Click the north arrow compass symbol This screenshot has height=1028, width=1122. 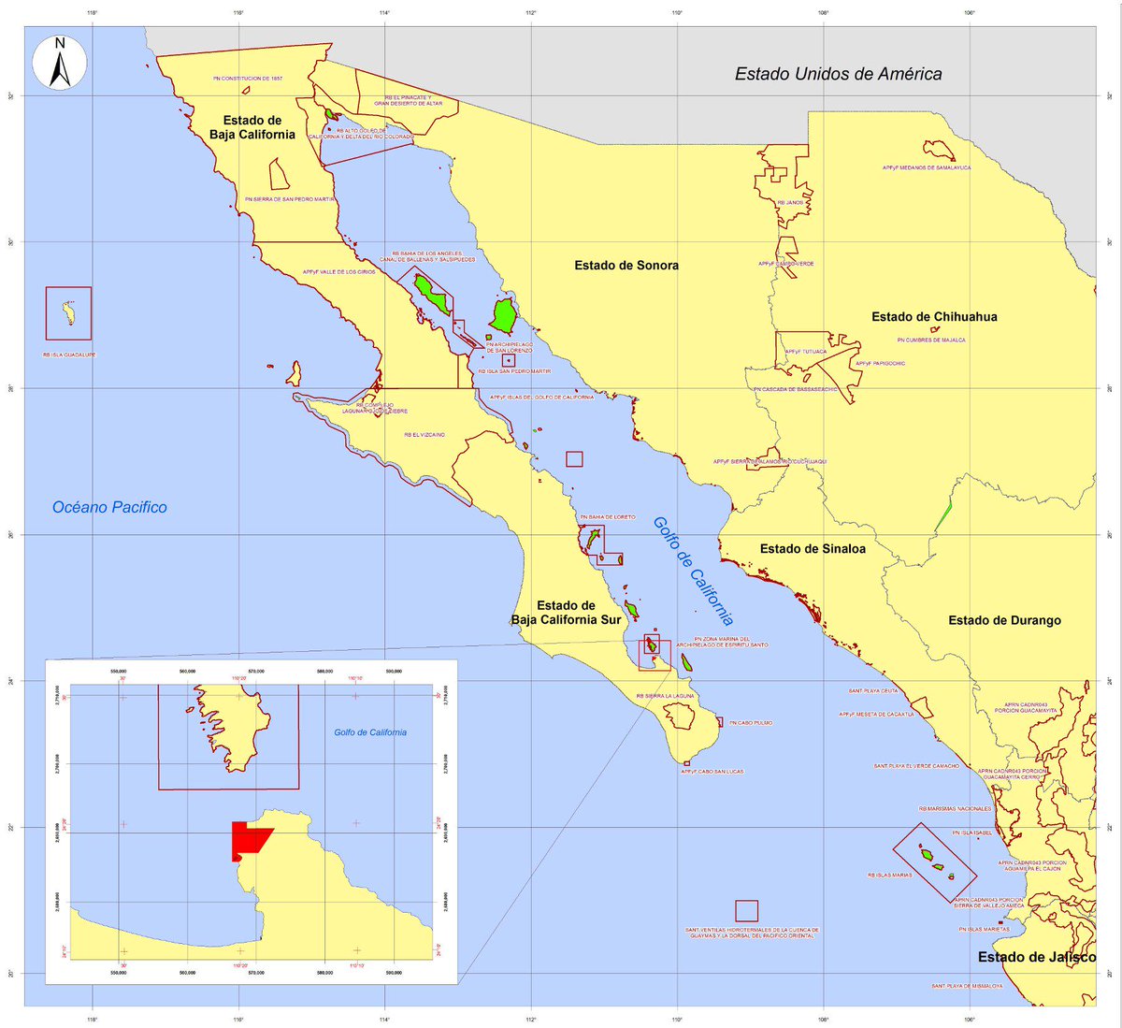click(59, 63)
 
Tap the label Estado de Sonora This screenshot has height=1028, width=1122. click(626, 266)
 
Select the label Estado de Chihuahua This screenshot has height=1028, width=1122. click(934, 317)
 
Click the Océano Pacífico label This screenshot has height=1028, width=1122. click(109, 507)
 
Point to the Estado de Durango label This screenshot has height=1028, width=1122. click(1004, 620)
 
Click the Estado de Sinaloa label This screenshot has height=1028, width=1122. click(813, 549)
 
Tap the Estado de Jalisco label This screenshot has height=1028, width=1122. click(1037, 957)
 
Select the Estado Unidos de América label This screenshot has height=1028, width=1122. click(838, 74)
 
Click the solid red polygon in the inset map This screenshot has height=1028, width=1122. click(247, 840)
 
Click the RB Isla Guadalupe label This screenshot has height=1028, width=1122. click(69, 355)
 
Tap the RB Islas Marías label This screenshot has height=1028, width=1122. click(889, 876)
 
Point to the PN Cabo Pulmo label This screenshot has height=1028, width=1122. click(751, 723)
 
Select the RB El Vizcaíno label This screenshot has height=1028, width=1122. click(424, 435)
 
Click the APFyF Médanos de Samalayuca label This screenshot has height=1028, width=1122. click(926, 168)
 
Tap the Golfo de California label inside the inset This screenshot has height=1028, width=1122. click(370, 732)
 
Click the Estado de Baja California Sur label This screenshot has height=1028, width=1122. click(566, 613)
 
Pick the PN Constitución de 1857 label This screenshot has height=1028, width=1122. click(247, 79)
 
